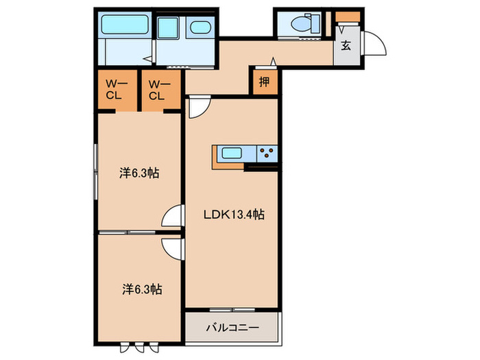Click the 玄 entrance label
tap(346, 46)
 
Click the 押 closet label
tap(264, 82)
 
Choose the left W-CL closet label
tap(114, 90)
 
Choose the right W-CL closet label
tap(158, 90)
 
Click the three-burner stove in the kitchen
tap(267, 154)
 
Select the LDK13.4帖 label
tap(234, 215)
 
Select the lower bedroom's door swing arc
tap(171, 246)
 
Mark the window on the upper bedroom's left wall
tap(94, 171)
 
